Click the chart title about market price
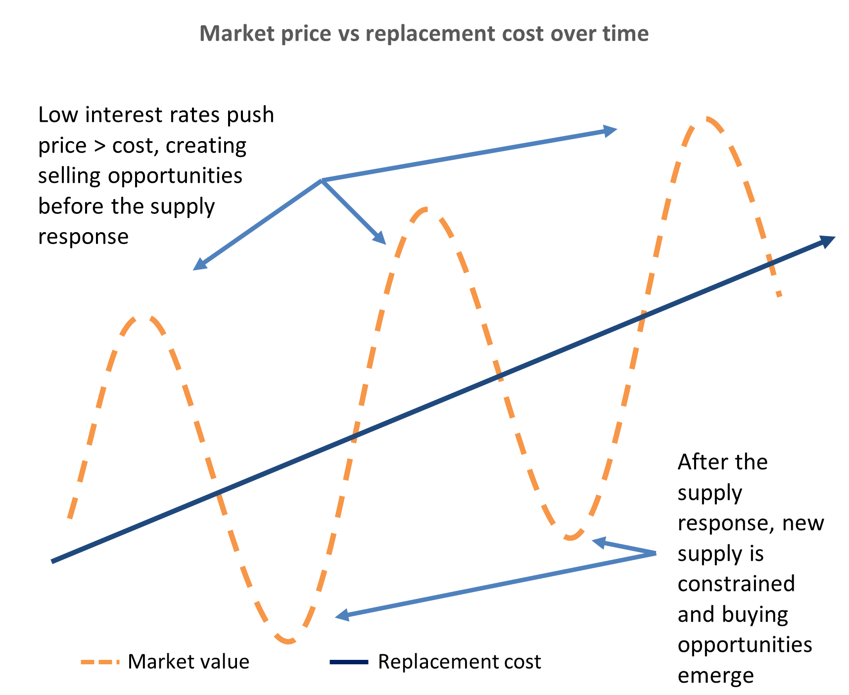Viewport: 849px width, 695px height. click(x=424, y=33)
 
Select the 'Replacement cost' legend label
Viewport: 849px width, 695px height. click(x=460, y=661)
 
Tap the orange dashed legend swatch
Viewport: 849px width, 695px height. click(x=100, y=661)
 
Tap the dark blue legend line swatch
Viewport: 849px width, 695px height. click(x=349, y=661)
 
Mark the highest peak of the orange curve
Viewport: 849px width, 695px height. click(x=707, y=119)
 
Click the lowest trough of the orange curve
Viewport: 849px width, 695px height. click(x=289, y=641)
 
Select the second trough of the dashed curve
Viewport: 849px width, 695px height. click(x=570, y=537)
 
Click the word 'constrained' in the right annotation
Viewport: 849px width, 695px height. click(x=736, y=584)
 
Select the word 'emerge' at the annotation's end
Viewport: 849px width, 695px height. click(x=715, y=676)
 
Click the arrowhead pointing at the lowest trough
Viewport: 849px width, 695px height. click(x=342, y=616)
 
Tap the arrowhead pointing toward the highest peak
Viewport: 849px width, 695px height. click(x=611, y=131)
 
